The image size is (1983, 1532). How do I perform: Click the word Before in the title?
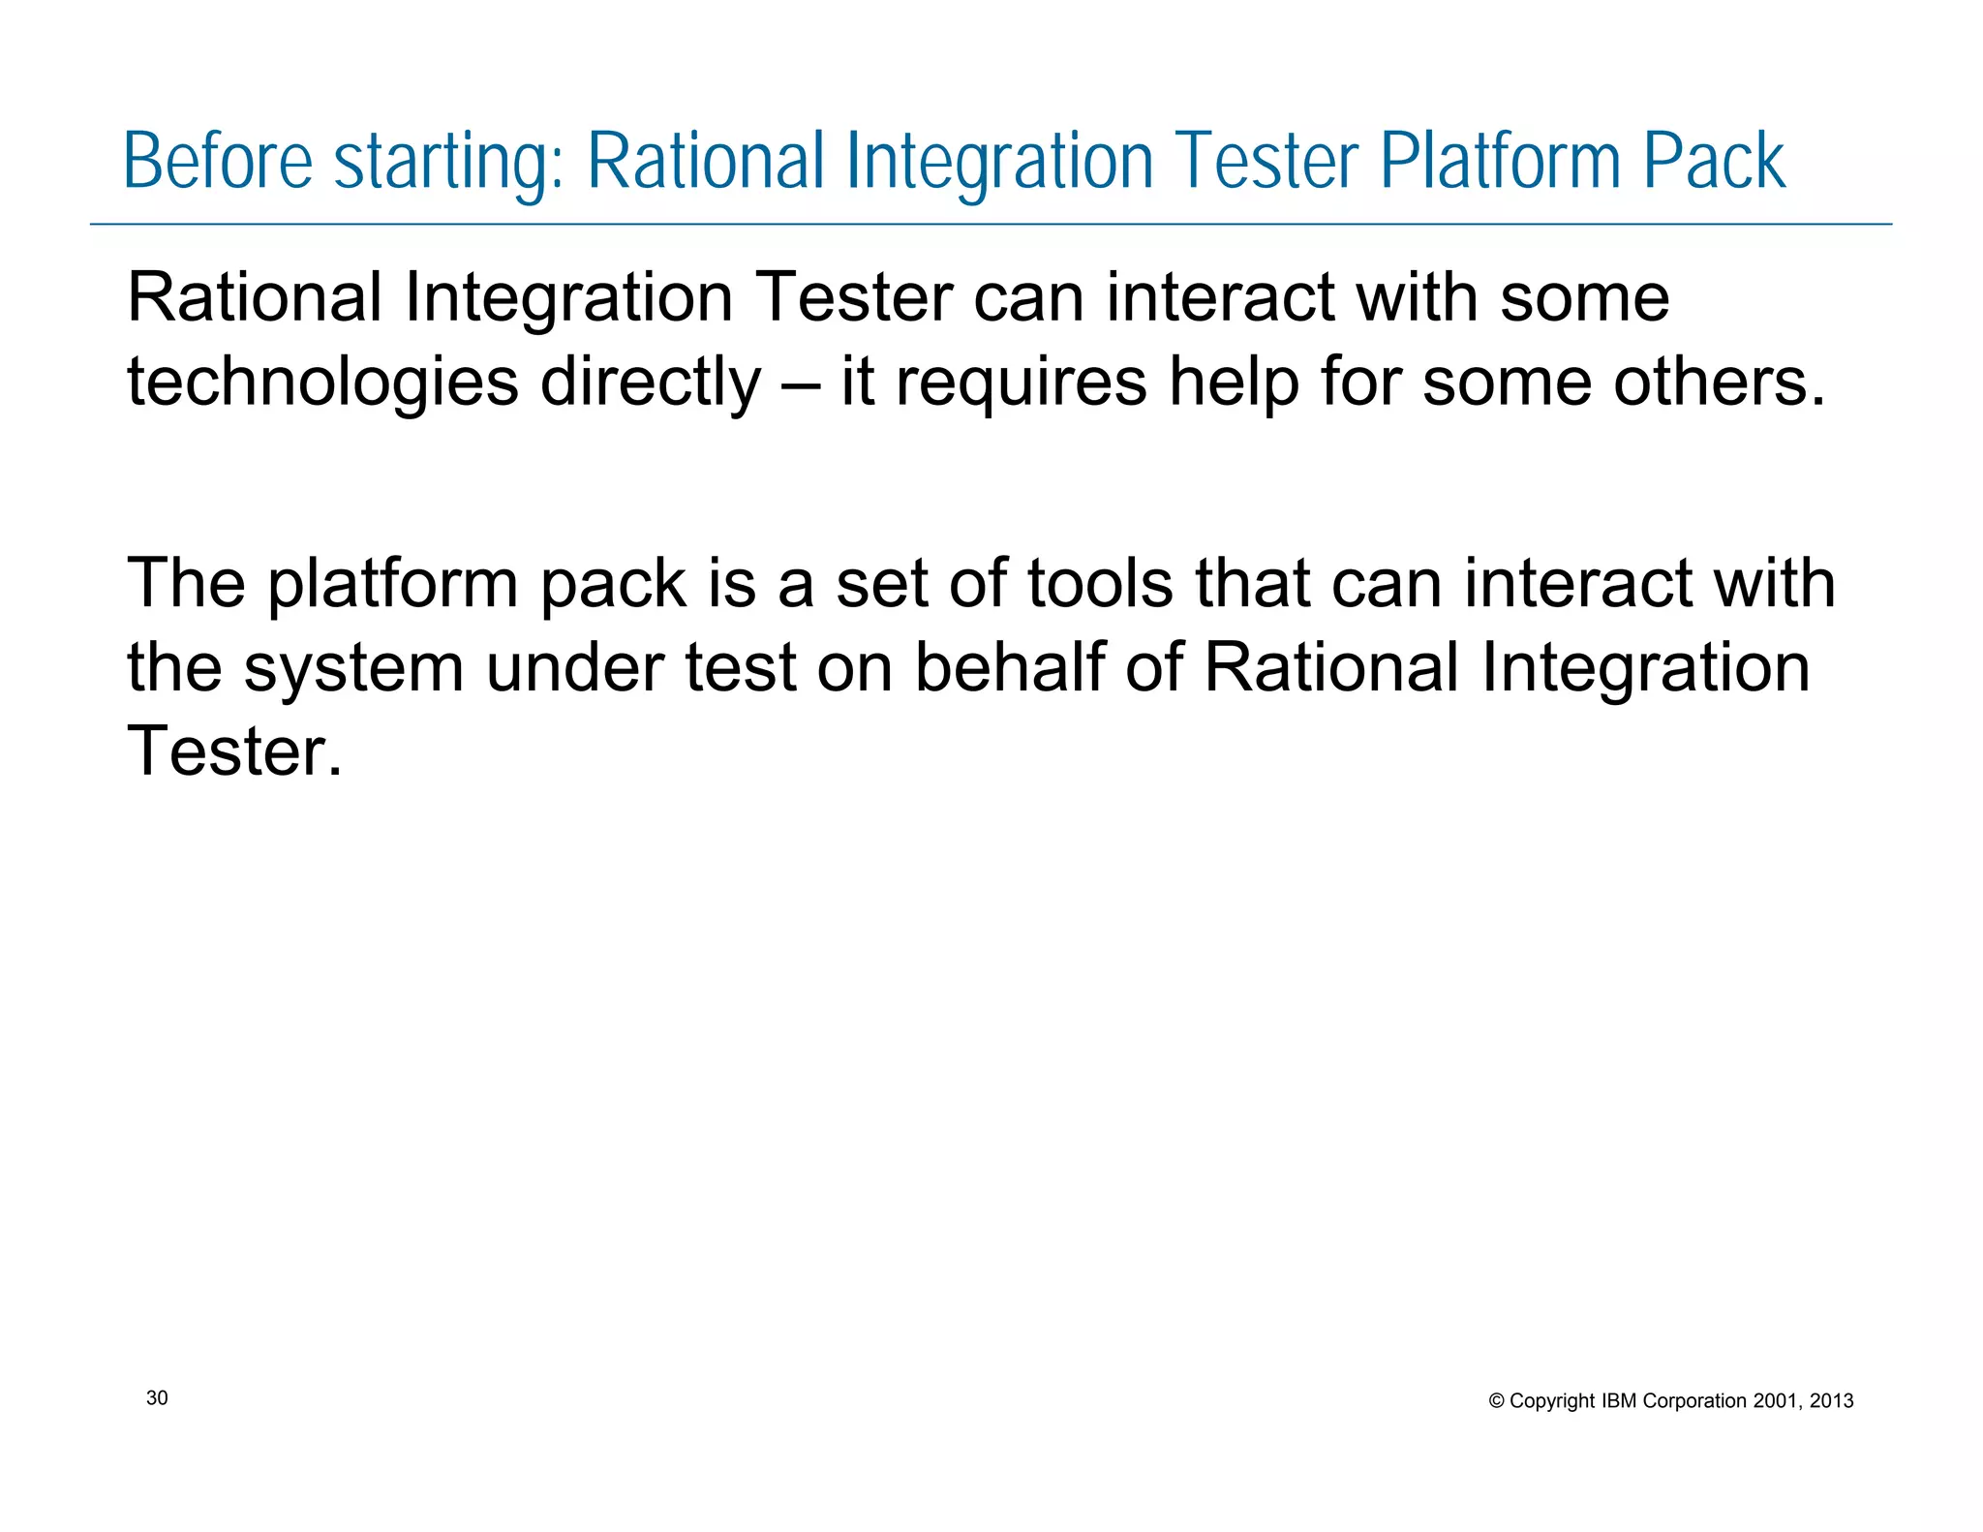coord(218,161)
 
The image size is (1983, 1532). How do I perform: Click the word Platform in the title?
coord(1499,161)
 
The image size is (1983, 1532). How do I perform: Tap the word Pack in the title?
coord(1714,161)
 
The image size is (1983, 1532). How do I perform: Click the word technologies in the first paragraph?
coord(322,383)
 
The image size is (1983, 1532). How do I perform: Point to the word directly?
coord(651,383)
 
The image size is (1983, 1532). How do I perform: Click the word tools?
coord(1100,584)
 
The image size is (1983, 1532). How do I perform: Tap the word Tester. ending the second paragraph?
coord(234,751)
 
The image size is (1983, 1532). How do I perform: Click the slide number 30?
coord(157,1397)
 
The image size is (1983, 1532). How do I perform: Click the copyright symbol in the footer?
coord(1496,1401)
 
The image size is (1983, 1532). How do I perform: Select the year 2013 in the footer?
coord(1831,1401)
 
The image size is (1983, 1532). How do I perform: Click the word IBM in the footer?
coord(1620,1401)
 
